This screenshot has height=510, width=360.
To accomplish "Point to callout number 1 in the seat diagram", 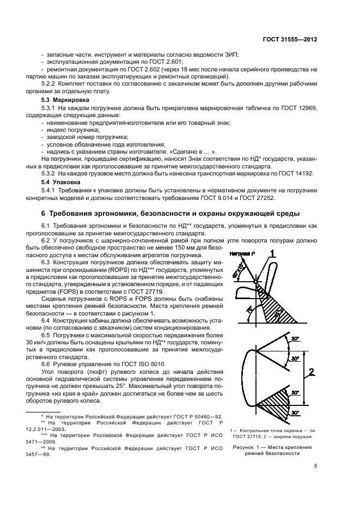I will coord(273,254).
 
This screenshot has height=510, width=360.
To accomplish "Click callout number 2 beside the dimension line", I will coord(310,372).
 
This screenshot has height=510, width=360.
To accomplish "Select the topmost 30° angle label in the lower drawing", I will coord(295,338).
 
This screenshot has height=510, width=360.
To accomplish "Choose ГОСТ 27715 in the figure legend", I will coord(245,436).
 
